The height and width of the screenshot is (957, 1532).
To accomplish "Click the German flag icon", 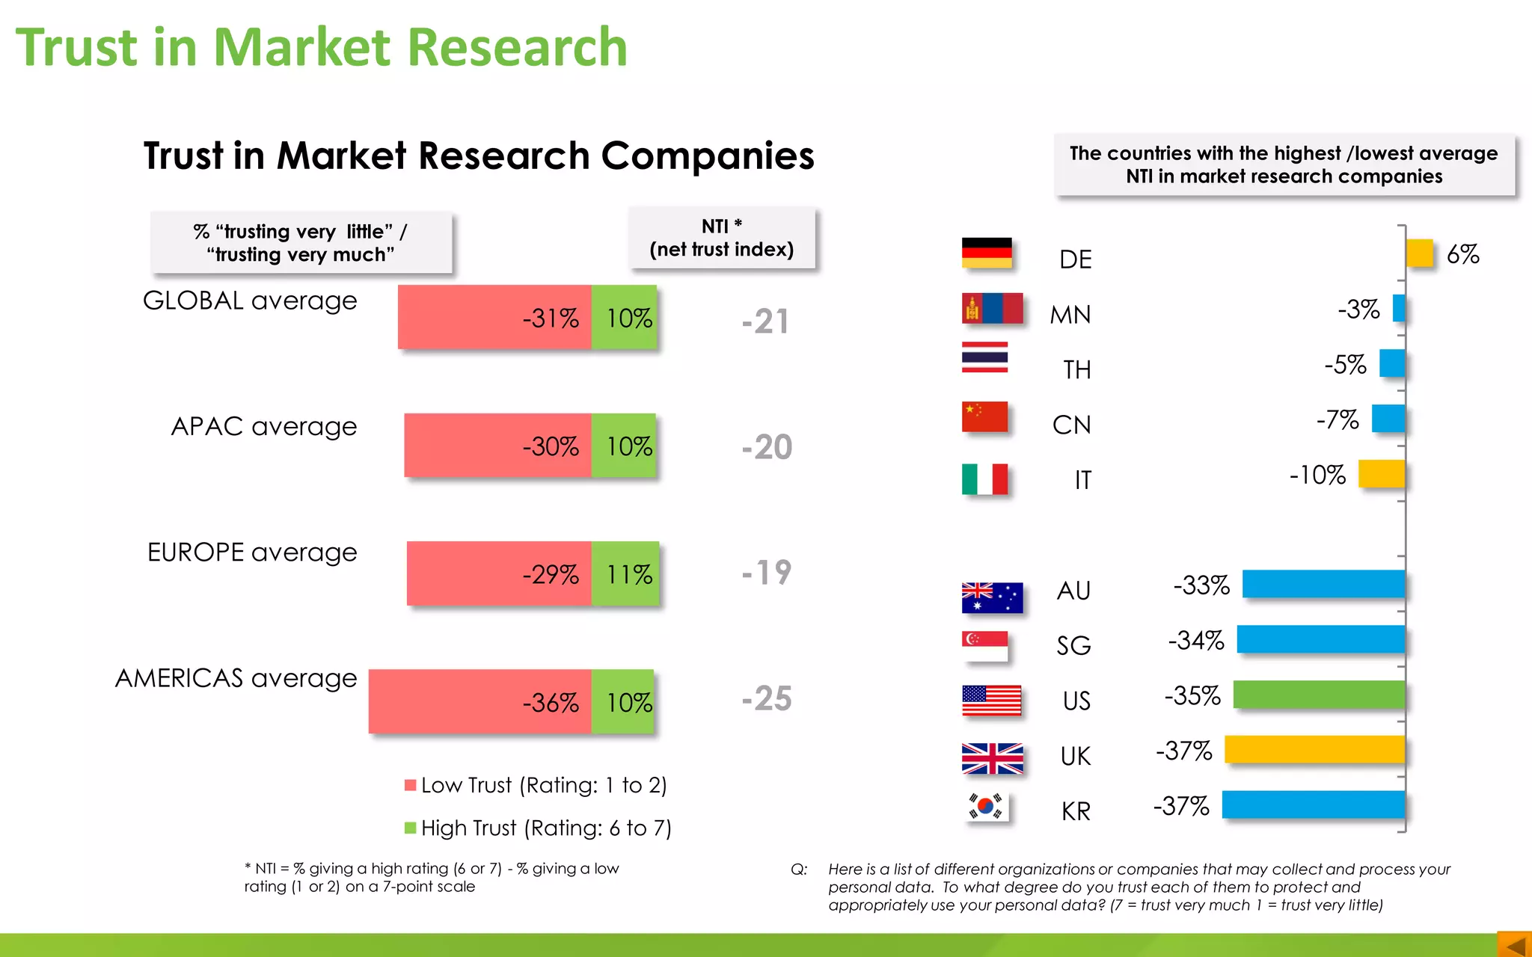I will point(987,253).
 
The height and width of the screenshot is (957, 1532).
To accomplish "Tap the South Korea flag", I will point(986,807).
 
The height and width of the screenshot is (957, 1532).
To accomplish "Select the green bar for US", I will point(1319,695).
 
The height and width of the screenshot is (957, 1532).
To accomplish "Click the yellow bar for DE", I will point(1419,253).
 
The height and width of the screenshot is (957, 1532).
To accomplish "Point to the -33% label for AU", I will point(1201,585).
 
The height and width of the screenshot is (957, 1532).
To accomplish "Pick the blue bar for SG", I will point(1321,640).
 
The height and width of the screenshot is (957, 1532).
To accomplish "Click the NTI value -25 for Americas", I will point(767,699).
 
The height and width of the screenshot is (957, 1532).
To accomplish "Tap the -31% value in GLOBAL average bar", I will point(551,319).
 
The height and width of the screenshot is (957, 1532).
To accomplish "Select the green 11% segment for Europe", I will point(626,574).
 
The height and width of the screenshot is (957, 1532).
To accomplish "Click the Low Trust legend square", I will point(410,785).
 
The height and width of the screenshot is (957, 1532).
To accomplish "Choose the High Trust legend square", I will point(410,828).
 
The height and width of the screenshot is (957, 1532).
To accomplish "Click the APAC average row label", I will point(263,426).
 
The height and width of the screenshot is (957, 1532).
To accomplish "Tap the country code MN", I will point(1070,315).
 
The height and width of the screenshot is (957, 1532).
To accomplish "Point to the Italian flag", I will point(984,479).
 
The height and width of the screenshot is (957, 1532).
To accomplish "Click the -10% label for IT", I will point(1317,475).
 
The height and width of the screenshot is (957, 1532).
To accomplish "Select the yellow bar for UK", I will point(1314,750).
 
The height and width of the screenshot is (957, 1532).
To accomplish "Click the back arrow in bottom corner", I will point(1515,945).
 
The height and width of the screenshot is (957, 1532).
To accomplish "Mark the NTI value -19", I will point(767,573).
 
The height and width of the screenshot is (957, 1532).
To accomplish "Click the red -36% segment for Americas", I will point(480,701).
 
